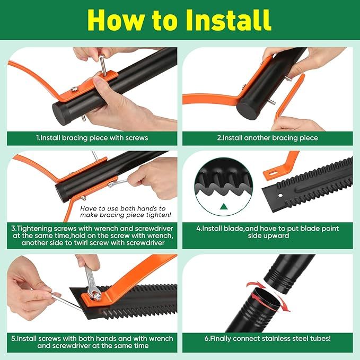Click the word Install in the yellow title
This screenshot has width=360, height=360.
[228, 20]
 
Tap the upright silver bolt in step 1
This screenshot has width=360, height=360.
[103, 65]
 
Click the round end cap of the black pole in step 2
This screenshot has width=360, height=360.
[247, 108]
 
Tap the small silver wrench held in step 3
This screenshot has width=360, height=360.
[118, 183]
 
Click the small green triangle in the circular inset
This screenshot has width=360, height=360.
[224, 207]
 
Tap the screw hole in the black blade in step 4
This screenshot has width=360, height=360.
[280, 196]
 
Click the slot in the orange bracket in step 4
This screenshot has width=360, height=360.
[273, 173]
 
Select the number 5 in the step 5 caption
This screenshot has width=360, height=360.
[13, 339]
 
